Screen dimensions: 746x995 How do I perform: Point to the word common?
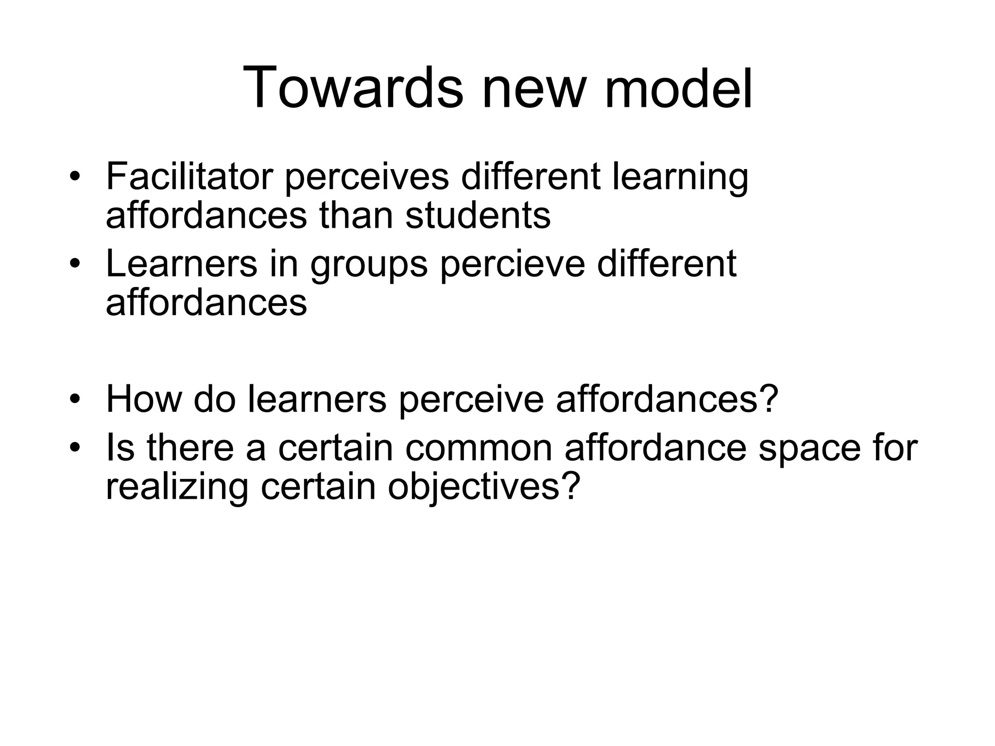click(x=479, y=447)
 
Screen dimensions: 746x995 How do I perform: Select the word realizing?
click(x=177, y=487)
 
